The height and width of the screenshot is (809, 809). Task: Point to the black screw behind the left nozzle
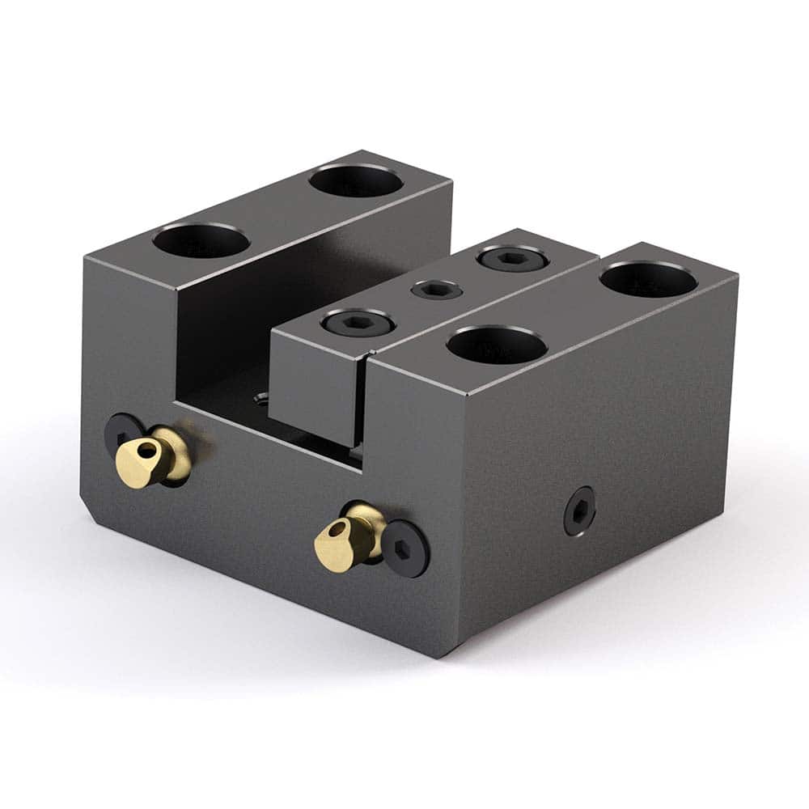[121, 434]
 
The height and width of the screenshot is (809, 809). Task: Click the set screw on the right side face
[579, 510]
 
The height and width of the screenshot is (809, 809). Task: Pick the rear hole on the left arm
[356, 180]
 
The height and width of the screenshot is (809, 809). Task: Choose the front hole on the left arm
[201, 241]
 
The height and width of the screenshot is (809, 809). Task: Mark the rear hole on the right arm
[649, 279]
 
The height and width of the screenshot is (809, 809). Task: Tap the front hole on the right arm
[497, 345]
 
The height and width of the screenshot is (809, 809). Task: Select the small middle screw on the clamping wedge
[437, 290]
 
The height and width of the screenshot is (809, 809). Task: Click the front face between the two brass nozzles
[251, 493]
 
